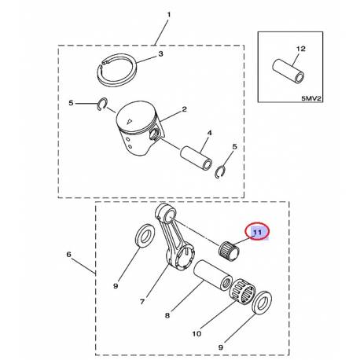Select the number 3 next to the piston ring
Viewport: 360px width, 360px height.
[160, 54]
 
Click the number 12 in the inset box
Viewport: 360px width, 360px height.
[298, 50]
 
